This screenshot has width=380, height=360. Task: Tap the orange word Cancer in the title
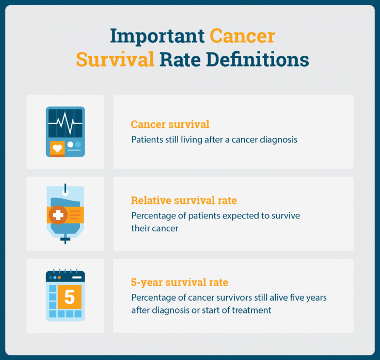242,37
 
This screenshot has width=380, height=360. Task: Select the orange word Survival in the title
115,59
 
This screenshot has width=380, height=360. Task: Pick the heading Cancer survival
170,124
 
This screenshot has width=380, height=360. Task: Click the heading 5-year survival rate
179,283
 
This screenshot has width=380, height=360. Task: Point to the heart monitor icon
65,132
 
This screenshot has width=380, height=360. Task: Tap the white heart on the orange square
57,148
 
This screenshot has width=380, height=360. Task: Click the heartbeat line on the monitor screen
65,122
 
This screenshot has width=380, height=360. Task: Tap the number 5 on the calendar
69,297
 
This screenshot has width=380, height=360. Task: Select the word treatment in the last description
253,310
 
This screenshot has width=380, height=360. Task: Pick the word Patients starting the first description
147,139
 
